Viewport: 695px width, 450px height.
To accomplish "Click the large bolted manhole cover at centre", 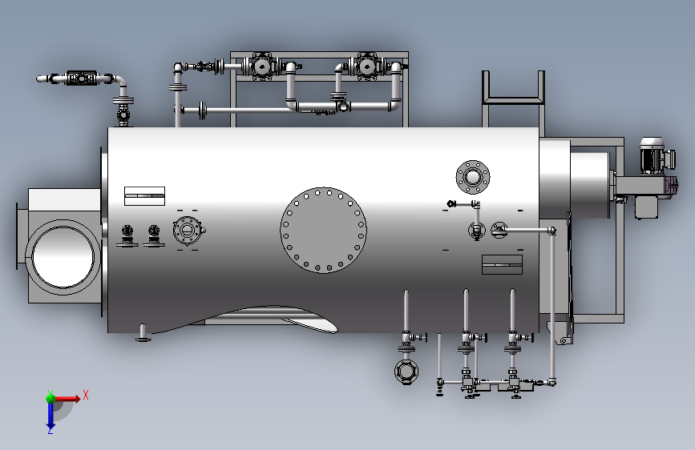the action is coord(324,230).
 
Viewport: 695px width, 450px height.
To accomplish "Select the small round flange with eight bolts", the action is coord(473,177).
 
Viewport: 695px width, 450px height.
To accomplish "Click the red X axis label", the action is coord(86,395).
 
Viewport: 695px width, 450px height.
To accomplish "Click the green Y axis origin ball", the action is coord(51,398).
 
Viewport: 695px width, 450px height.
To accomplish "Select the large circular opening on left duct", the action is coord(63,256).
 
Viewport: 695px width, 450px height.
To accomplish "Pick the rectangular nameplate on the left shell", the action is coord(144,195).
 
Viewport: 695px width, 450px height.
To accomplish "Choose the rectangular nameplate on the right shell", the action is coord(502,264).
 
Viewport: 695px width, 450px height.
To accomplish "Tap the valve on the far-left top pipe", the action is coord(81,78).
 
